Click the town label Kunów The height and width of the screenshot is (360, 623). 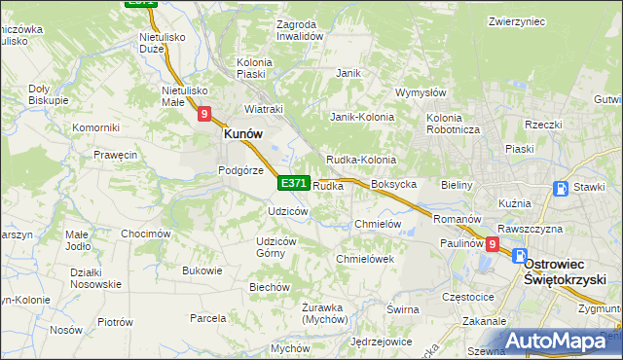click(246, 135)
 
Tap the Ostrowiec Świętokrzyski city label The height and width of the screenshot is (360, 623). click(567, 270)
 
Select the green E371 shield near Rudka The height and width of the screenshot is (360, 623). click(294, 183)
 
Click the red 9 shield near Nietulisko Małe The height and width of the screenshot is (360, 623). click(204, 114)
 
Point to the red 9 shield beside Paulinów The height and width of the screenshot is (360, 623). click(493, 244)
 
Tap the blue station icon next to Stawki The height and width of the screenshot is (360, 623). click(561, 189)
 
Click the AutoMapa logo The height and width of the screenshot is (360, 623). click(562, 341)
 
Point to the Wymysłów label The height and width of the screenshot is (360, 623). click(420, 93)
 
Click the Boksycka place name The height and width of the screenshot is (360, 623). click(394, 184)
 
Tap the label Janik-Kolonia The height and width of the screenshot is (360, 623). click(362, 117)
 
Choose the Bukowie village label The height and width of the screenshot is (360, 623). click(202, 270)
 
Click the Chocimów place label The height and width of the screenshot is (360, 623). click(146, 234)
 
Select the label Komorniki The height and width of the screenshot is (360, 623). click(95, 127)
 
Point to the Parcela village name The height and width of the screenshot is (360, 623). click(208, 318)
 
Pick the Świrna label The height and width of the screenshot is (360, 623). click(402, 309)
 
